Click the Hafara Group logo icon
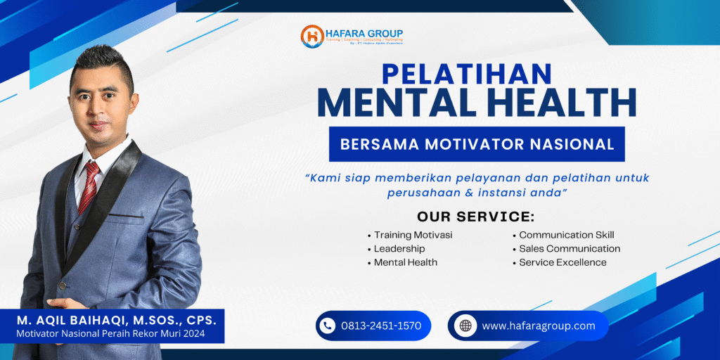[311, 37]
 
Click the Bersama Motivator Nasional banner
[477, 144]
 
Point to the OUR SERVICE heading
[475, 216]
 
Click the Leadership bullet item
[399, 248]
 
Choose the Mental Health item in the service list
[406, 262]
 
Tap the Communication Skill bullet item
[567, 235]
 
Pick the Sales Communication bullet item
[570, 248]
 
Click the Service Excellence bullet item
[562, 262]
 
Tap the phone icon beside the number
[326, 326]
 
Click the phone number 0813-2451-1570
[380, 326]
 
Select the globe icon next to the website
[465, 326]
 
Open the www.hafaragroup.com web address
[538, 326]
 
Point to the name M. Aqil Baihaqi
[117, 320]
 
